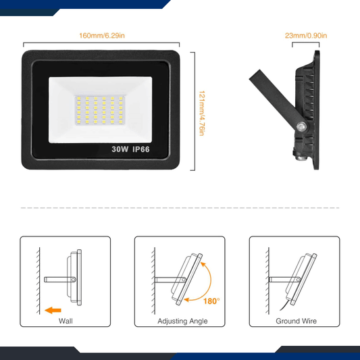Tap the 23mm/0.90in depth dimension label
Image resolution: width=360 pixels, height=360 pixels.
click(306, 35)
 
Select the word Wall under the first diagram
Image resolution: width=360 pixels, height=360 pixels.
click(66, 322)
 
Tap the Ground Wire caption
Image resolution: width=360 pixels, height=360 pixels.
click(296, 322)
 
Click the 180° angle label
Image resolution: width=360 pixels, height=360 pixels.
click(211, 301)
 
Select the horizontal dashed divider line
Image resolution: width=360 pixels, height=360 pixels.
click(180, 208)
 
